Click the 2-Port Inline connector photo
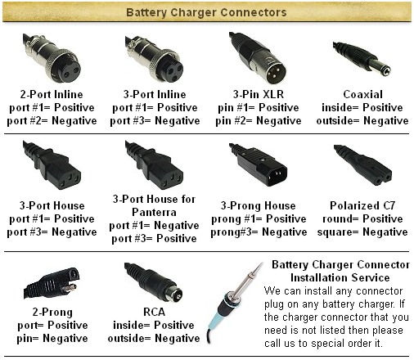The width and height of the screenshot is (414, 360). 52,58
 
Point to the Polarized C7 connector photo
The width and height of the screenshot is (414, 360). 363,165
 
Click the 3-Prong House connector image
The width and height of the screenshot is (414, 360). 259,165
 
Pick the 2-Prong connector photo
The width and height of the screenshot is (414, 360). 52,284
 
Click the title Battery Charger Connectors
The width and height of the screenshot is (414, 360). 206,12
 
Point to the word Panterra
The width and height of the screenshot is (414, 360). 154,212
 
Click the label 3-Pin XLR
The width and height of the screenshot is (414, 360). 259,94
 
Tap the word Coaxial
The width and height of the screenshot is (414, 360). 362,94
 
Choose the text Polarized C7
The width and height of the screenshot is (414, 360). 362,205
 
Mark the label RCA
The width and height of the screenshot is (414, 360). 154,312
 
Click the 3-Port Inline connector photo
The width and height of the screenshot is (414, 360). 155,59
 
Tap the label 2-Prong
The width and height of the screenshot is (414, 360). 52,313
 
